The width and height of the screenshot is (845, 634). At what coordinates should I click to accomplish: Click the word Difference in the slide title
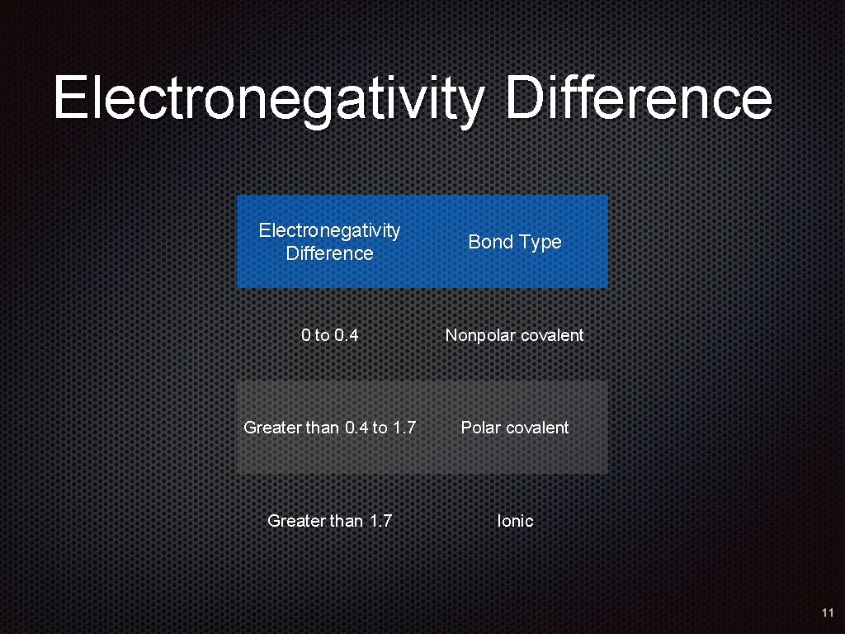point(639,97)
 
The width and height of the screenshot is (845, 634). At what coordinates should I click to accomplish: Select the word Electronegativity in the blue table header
point(329,230)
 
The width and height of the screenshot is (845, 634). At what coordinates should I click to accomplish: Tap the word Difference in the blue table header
point(329,253)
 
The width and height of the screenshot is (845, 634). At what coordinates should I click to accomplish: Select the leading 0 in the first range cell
point(306,335)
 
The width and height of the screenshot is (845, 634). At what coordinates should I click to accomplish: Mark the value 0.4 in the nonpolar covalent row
point(346,335)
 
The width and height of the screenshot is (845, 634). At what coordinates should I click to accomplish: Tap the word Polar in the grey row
point(480,428)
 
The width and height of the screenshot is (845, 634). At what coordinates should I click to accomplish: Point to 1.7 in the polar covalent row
point(403,428)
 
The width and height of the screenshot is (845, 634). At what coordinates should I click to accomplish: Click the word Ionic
point(515,521)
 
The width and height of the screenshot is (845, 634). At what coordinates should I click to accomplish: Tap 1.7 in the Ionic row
point(380,521)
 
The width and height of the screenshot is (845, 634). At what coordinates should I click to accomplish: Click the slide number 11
point(828,613)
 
